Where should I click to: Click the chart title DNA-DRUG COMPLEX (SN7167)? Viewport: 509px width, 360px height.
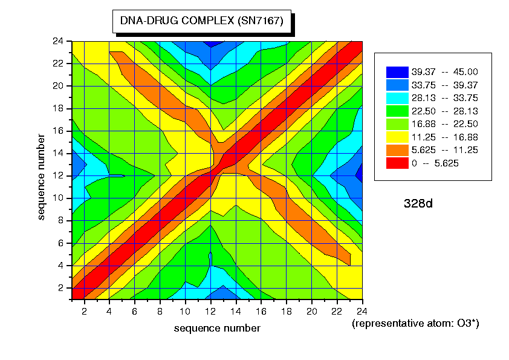tap(201, 21)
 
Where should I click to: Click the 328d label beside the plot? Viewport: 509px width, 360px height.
tap(418, 203)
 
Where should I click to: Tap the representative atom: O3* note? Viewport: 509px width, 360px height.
tap(415, 324)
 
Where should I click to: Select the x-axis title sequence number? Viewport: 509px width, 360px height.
tap(217, 328)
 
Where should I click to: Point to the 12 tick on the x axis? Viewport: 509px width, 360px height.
tap(210, 311)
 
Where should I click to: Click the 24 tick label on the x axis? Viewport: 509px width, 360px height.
tap(361, 311)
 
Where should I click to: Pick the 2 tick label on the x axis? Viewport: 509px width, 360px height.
tap(85, 311)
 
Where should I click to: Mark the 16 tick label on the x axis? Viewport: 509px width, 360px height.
tap(261, 311)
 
